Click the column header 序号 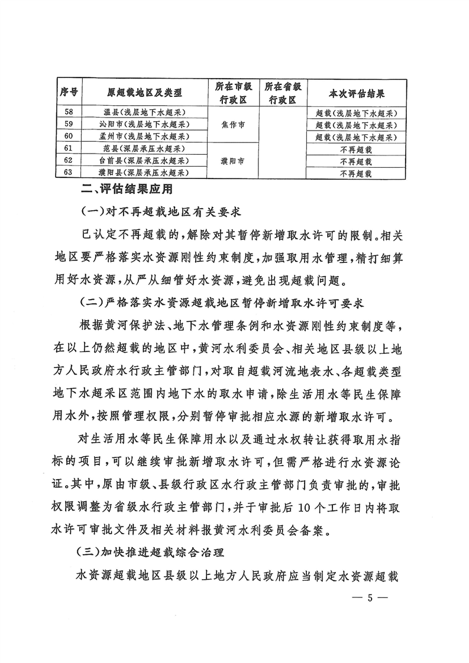coord(70,93)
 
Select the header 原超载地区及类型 coord(144,93)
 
